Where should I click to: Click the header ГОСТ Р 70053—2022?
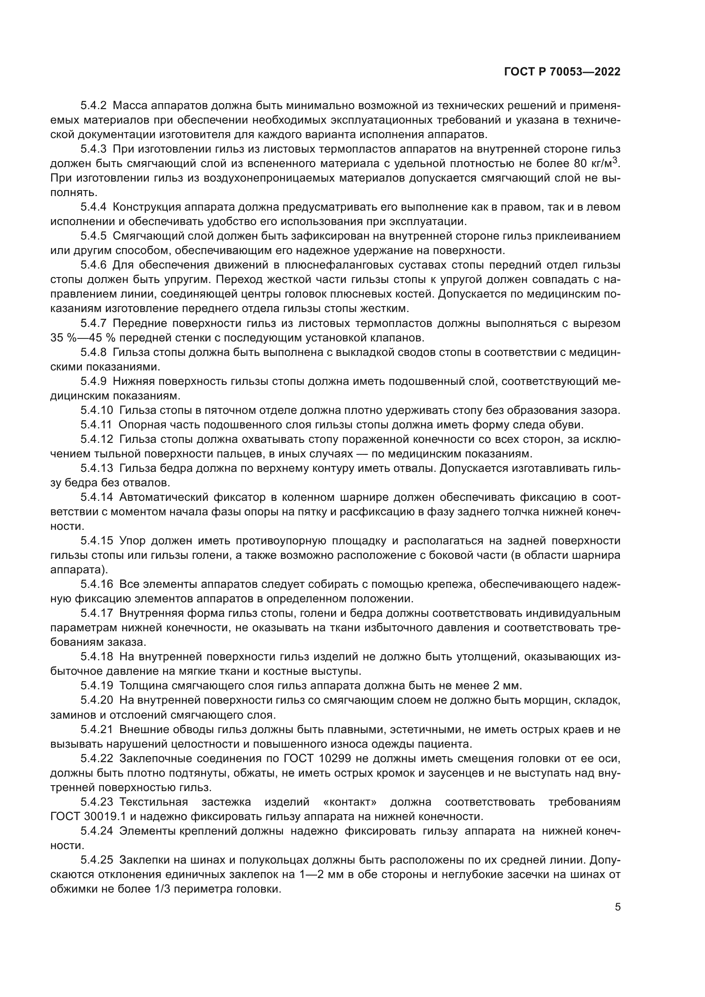562,72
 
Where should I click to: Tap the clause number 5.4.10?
96,410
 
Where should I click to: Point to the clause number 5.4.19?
96,685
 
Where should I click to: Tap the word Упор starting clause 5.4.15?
132,540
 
